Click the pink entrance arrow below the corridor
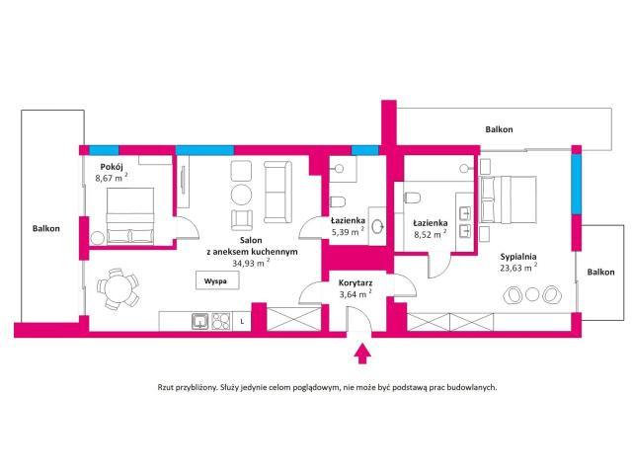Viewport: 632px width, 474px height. [x=363, y=354]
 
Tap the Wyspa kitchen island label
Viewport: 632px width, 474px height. [x=215, y=280]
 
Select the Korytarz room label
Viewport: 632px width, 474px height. [x=355, y=283]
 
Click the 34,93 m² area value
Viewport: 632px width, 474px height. [x=251, y=264]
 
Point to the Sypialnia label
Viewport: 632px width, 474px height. [x=518, y=257]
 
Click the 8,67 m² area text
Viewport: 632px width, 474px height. [x=112, y=178]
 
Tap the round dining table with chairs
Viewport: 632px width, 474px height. [x=118, y=288]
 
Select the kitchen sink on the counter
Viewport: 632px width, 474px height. [x=200, y=322]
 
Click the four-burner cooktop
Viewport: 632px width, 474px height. [x=221, y=322]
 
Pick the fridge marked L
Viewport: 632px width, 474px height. [x=242, y=322]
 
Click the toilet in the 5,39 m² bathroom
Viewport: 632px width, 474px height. [x=337, y=200]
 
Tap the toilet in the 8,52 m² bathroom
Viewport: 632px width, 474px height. [x=412, y=197]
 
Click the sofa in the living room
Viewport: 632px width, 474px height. [x=277, y=192]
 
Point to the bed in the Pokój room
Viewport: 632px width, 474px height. [x=130, y=216]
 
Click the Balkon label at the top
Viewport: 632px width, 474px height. [x=499, y=129]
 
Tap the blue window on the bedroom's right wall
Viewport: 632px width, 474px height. [x=577, y=185]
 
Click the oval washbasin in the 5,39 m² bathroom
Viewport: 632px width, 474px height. [x=378, y=226]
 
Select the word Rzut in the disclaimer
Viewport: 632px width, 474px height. [x=166, y=387]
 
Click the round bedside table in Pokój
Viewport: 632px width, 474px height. [x=97, y=238]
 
